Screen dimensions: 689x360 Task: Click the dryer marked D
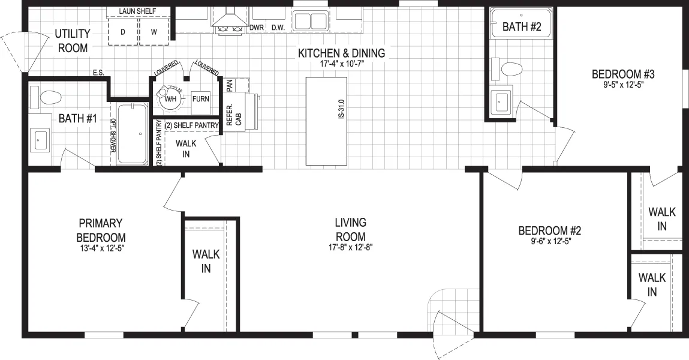[x=123, y=32]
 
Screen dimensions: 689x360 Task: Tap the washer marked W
[x=154, y=32]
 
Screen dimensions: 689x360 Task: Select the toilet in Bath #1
[x=46, y=98]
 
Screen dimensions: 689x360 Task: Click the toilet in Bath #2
[x=507, y=69]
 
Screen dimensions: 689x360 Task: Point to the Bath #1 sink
[x=40, y=139]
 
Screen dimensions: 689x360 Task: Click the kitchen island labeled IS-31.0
[x=326, y=121]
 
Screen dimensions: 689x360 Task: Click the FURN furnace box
[x=201, y=99]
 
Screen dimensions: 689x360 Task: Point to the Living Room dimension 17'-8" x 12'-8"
[x=351, y=247]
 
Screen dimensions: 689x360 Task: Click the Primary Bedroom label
[x=101, y=230]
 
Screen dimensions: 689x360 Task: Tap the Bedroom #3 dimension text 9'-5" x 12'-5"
[x=623, y=85]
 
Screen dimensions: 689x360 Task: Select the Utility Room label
[x=73, y=40]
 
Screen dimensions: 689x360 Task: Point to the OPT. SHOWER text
[x=113, y=136]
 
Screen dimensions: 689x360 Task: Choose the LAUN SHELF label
[x=137, y=11]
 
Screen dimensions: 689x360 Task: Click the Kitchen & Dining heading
[x=341, y=53]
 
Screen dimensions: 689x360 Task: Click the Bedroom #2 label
[x=550, y=230]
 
